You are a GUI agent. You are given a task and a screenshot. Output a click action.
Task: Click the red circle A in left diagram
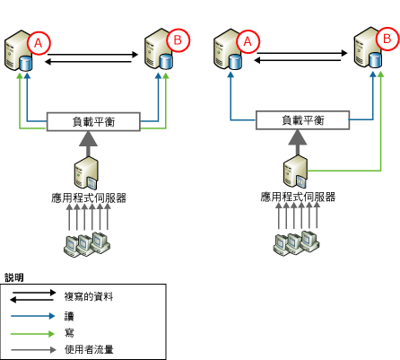pyautogui.click(x=39, y=40)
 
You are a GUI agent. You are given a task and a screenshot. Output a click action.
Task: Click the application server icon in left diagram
pyautogui.click(x=87, y=171)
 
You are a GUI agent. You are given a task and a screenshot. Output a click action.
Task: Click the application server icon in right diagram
pyautogui.click(x=297, y=171)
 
